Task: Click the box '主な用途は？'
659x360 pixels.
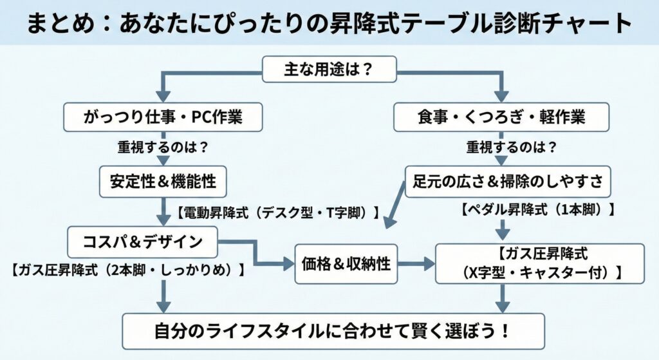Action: (x=329, y=69)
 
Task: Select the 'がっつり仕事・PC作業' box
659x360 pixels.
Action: (x=163, y=117)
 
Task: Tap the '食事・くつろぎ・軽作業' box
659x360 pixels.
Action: (x=501, y=117)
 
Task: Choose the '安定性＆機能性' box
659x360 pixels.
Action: (x=163, y=182)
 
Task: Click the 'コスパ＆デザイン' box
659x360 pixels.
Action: (x=143, y=242)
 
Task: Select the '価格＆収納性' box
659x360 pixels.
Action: (x=346, y=263)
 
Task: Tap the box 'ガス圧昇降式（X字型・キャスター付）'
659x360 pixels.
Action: (x=539, y=263)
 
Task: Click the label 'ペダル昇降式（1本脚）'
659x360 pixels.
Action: (x=539, y=209)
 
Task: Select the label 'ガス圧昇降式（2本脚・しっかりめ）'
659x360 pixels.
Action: (x=128, y=270)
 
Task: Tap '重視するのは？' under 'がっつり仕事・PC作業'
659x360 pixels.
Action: (x=162, y=147)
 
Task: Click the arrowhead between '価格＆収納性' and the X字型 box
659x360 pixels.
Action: (x=426, y=263)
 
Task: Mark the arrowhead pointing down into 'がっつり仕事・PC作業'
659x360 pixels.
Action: (x=162, y=97)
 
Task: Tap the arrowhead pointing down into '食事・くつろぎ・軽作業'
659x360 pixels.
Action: (x=501, y=97)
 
